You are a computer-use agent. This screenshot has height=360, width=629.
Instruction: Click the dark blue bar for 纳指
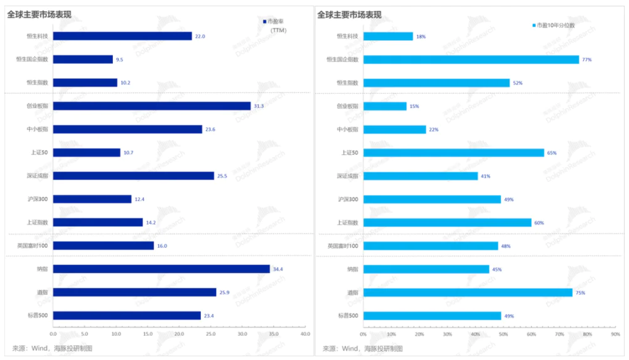[x=161, y=269]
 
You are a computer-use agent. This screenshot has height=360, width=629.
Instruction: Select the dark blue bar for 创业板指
[x=152, y=106]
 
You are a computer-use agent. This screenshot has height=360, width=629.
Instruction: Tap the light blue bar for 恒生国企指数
[x=471, y=60]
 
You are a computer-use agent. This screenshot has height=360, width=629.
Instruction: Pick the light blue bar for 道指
[x=468, y=292]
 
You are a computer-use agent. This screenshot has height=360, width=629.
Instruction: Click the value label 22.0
[x=200, y=36]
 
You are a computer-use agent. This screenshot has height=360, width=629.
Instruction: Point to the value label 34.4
[x=278, y=269]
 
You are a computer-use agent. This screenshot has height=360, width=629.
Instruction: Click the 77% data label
[x=587, y=60]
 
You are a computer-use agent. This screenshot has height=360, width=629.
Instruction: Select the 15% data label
[x=414, y=106]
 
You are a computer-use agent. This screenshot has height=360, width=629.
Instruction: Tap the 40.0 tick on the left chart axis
[x=305, y=334]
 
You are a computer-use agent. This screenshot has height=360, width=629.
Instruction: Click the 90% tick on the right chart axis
[x=615, y=334]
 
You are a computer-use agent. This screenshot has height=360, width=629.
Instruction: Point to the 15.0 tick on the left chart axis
[x=148, y=334]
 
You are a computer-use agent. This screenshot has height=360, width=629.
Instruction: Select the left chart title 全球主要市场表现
[x=38, y=14]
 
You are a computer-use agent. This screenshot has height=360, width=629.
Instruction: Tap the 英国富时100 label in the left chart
[x=33, y=246]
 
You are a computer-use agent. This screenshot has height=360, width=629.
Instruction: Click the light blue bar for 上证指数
[x=447, y=222]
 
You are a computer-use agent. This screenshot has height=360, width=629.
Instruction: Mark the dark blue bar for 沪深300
[x=92, y=199]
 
